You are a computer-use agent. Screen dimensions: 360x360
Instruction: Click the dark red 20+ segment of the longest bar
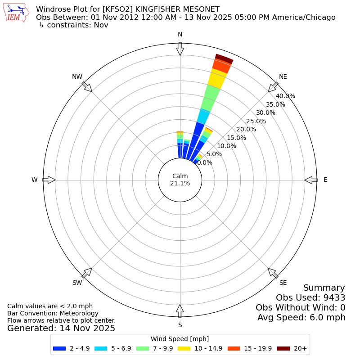(x=224, y=59)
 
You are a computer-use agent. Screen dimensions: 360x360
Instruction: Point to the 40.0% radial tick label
(x=285, y=96)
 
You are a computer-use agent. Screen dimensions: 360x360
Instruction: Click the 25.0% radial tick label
(x=256, y=121)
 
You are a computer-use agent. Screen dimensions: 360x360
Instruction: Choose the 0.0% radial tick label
(x=205, y=162)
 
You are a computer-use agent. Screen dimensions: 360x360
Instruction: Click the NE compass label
(x=283, y=77)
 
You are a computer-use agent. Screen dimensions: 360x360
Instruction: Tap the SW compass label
(x=77, y=283)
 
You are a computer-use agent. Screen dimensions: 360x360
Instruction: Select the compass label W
(x=34, y=180)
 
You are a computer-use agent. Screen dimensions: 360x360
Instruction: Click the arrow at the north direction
(x=180, y=49)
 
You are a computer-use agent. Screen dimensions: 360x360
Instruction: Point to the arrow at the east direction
(x=311, y=180)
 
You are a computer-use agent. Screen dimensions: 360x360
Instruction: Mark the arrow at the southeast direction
(x=273, y=273)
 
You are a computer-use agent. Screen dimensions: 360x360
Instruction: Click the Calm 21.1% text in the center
(x=180, y=180)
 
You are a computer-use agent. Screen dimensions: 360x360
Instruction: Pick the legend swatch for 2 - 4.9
(x=59, y=348)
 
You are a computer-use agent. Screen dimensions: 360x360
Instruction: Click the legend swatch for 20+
(x=283, y=348)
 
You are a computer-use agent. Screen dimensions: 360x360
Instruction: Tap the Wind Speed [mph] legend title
(x=180, y=339)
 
